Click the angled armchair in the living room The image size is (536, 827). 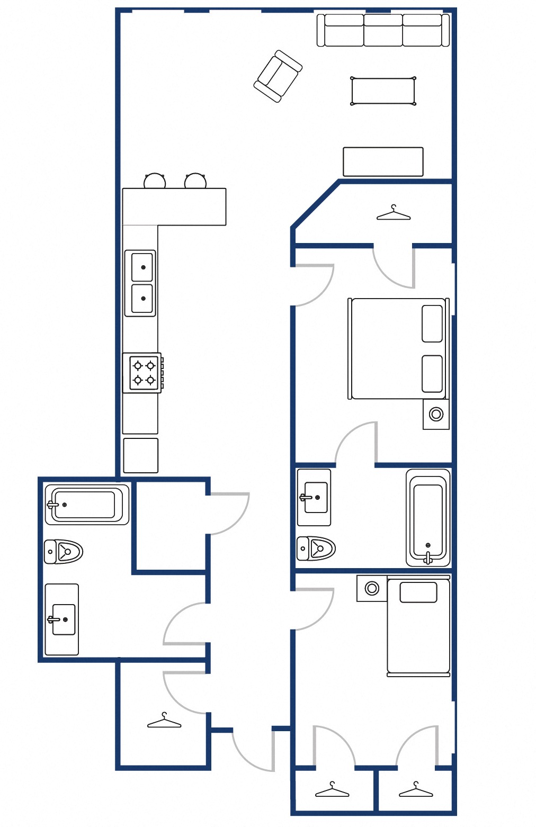(x=278, y=76)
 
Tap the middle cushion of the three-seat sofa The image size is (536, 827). (x=383, y=30)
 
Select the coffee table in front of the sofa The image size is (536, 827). (x=382, y=92)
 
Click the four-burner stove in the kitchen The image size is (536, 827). (x=143, y=373)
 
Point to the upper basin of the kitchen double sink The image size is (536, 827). (x=142, y=267)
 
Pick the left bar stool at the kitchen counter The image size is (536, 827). (x=155, y=182)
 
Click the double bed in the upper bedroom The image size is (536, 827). (x=397, y=349)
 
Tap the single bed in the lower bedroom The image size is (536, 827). (x=418, y=627)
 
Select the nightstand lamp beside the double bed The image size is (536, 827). (x=436, y=414)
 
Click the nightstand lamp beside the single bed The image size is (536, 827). (x=372, y=588)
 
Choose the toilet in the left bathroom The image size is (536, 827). (x=64, y=552)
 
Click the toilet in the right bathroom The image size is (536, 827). (x=316, y=549)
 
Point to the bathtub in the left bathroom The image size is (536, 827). (x=87, y=505)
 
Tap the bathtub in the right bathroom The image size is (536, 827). (x=428, y=517)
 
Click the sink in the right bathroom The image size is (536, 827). (x=316, y=497)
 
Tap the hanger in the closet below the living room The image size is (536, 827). (x=393, y=213)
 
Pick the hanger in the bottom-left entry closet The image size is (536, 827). (x=164, y=721)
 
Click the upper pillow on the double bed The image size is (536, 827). (x=432, y=323)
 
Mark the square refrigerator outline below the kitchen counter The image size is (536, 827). (x=140, y=455)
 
